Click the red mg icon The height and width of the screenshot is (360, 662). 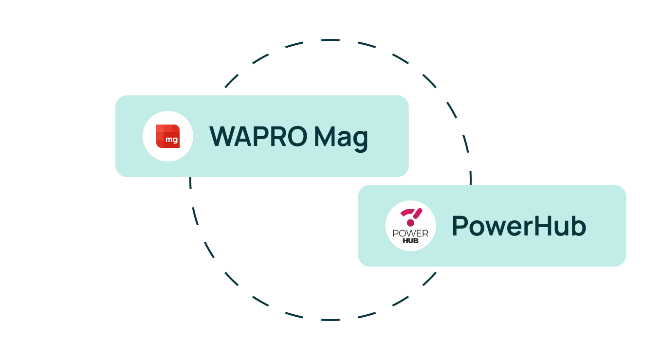coord(168,136)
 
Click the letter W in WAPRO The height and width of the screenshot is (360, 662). coord(222,136)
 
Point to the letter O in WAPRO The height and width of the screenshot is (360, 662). coord(297,136)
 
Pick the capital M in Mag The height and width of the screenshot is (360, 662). coord(324,136)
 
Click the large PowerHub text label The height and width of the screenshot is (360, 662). coord(519,226)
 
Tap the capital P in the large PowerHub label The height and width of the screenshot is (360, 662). coord(460,226)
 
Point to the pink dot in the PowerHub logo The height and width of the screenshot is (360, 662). coord(410,223)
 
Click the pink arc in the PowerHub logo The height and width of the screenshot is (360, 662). coord(408,212)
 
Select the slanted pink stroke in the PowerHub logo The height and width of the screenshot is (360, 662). coord(418,214)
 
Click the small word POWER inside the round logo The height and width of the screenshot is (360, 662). coord(410,234)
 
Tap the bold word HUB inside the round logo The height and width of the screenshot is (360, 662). coord(410,241)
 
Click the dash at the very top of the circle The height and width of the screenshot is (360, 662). coord(331,40)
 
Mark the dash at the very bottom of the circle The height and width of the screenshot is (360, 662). coord(331,320)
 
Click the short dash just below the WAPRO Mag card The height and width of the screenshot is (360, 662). coord(190,183)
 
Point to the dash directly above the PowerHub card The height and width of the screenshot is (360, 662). coord(471,178)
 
